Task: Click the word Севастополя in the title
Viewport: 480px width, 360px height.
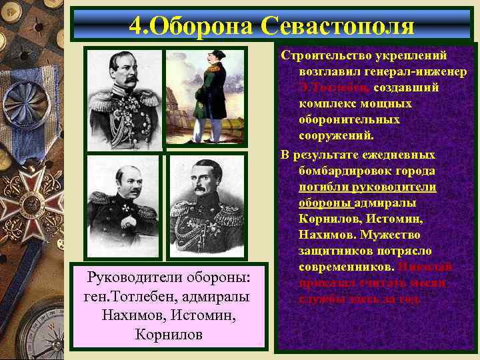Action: (338, 25)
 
